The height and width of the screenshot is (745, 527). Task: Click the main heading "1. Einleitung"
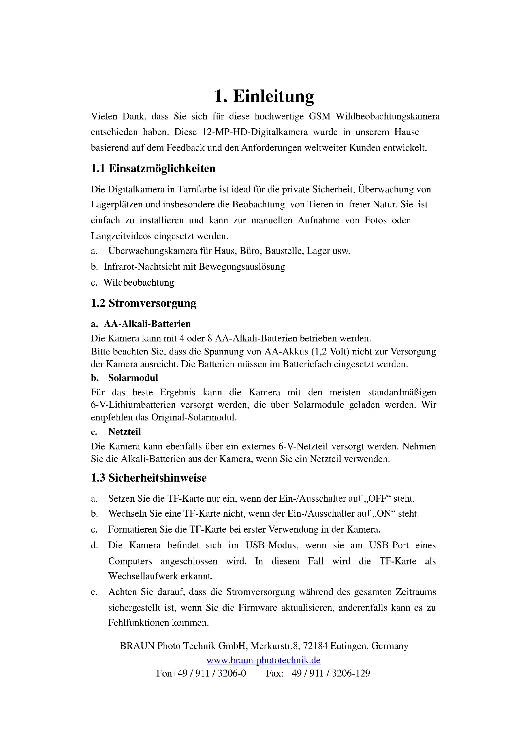(x=264, y=97)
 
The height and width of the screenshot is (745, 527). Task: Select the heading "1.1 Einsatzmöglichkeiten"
(x=153, y=168)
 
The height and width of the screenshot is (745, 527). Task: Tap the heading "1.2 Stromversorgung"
(x=143, y=303)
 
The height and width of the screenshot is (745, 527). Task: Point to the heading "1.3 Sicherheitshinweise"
(x=148, y=478)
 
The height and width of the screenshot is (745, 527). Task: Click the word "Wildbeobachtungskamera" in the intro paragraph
(x=387, y=116)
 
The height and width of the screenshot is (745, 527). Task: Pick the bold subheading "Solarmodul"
(x=133, y=378)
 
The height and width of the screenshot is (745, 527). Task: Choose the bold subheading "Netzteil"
(x=125, y=432)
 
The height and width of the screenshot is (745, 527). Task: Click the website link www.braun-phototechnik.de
(x=263, y=660)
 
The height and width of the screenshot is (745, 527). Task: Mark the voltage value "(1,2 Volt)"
(x=330, y=351)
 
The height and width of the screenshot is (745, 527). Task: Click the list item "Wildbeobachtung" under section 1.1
(x=139, y=283)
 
